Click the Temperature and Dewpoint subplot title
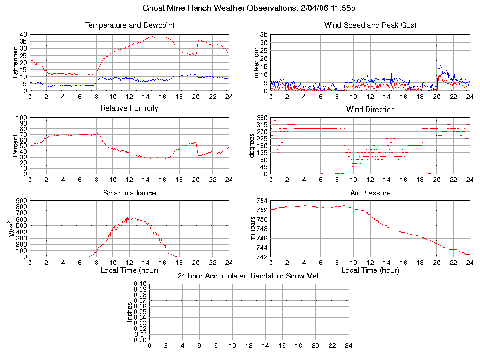click(x=129, y=25)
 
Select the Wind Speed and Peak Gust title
click(x=370, y=25)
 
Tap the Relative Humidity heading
click(x=129, y=108)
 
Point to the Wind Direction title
click(x=370, y=109)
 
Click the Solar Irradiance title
click(x=129, y=193)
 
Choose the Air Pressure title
click(x=370, y=193)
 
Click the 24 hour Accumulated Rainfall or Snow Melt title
click(x=249, y=276)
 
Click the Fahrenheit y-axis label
click(x=15, y=63)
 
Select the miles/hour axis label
click(x=256, y=63)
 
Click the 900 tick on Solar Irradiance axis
click(x=22, y=201)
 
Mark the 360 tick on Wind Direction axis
click(x=261, y=118)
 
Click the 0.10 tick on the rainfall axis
click(x=140, y=284)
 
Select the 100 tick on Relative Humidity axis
click(x=22, y=118)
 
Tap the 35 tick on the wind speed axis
click(x=263, y=35)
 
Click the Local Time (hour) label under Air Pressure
click(x=370, y=270)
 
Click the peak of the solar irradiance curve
click(x=127, y=217)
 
